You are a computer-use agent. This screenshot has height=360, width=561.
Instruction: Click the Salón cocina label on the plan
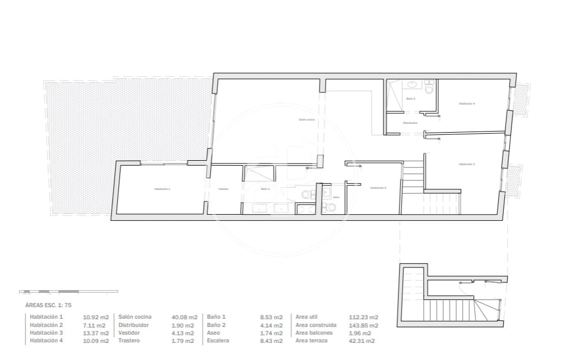306,119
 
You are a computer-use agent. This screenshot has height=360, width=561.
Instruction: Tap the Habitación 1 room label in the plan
162,189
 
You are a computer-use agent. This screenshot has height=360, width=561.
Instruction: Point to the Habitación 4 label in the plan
466,103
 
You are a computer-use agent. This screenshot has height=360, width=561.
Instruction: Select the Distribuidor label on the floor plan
410,123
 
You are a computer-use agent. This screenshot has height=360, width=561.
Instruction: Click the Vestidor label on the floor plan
223,189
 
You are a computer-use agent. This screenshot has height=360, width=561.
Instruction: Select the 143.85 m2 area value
364,325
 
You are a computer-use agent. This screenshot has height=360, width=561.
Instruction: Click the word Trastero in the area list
129,341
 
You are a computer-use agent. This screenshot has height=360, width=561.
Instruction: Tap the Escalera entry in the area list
218,341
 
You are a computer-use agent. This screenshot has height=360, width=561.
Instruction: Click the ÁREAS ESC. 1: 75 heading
48,304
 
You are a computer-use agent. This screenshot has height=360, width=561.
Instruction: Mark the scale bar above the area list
68,291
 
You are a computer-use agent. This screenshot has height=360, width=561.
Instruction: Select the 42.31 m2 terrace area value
362,341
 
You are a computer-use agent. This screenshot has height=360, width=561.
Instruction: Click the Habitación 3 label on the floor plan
466,164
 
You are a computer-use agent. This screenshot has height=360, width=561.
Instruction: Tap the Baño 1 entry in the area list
217,317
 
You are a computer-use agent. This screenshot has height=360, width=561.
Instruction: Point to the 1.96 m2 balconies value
360,333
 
